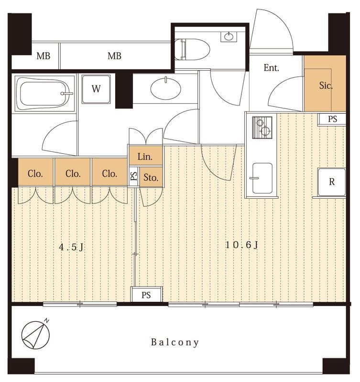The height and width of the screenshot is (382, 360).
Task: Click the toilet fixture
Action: pyautogui.click(x=192, y=49)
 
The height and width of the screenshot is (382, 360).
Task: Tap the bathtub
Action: pyautogui.click(x=44, y=94)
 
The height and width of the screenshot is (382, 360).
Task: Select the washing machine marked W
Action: pyautogui.click(x=96, y=89)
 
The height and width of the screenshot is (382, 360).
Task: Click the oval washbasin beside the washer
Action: pyautogui.click(x=166, y=88)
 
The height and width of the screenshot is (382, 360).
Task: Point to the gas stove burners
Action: pyautogui.click(x=262, y=127)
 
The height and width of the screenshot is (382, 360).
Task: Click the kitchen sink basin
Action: pyautogui.click(x=262, y=178)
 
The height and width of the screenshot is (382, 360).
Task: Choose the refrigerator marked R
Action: pyautogui.click(x=331, y=182)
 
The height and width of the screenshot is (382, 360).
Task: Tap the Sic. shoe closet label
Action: pyautogui.click(x=326, y=85)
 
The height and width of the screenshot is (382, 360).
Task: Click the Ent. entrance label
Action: pyautogui.click(x=271, y=67)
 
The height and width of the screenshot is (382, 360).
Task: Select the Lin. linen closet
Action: pyautogui.click(x=146, y=156)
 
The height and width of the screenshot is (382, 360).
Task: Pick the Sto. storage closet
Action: pyautogui.click(x=151, y=177)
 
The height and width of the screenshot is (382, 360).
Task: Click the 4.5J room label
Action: pyautogui.click(x=71, y=247)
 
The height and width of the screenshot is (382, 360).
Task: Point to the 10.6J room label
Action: pyautogui.click(x=241, y=244)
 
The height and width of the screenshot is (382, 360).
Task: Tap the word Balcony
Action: pyautogui.click(x=175, y=342)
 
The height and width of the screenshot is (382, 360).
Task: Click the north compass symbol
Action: pyautogui.click(x=36, y=334)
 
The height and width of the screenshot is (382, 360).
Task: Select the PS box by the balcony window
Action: pyautogui.click(x=146, y=295)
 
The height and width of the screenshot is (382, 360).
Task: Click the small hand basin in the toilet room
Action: pyautogui.click(x=229, y=37)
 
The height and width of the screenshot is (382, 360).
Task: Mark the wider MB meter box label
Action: pyautogui.click(x=115, y=56)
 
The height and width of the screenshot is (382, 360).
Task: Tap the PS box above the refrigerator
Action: pyautogui.click(x=332, y=119)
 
